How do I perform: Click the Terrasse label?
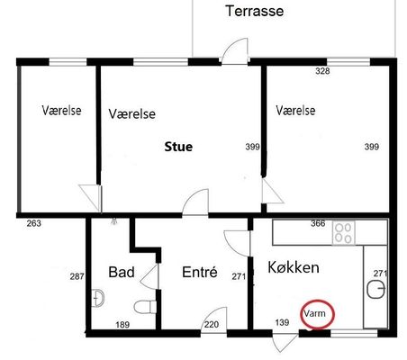click(x=255, y=11)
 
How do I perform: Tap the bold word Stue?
click(x=178, y=147)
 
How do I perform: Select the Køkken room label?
click(x=294, y=267)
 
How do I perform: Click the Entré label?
click(x=200, y=272)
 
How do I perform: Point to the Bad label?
click(x=122, y=272)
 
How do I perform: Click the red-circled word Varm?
click(x=314, y=313)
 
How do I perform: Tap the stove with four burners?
click(x=344, y=233)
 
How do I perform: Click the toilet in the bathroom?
click(x=145, y=307)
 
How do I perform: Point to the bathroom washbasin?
click(x=97, y=298)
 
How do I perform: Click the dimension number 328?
click(x=322, y=71)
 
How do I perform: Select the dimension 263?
click(x=34, y=223)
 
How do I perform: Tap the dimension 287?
click(x=77, y=276)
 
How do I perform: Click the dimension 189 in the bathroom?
click(x=122, y=325)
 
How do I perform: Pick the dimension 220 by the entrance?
click(x=212, y=324)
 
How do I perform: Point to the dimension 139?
click(x=282, y=322)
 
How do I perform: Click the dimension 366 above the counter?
click(x=318, y=223)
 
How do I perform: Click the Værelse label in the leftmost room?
click(x=61, y=111)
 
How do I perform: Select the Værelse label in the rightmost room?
click(x=295, y=111)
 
